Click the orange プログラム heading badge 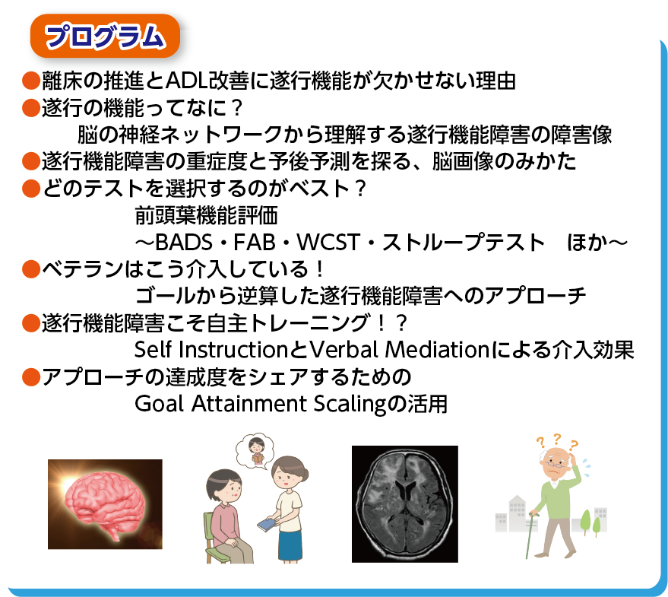click(105, 36)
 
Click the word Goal click(156, 403)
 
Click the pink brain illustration click(105, 503)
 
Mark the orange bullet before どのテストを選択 click(30, 188)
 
